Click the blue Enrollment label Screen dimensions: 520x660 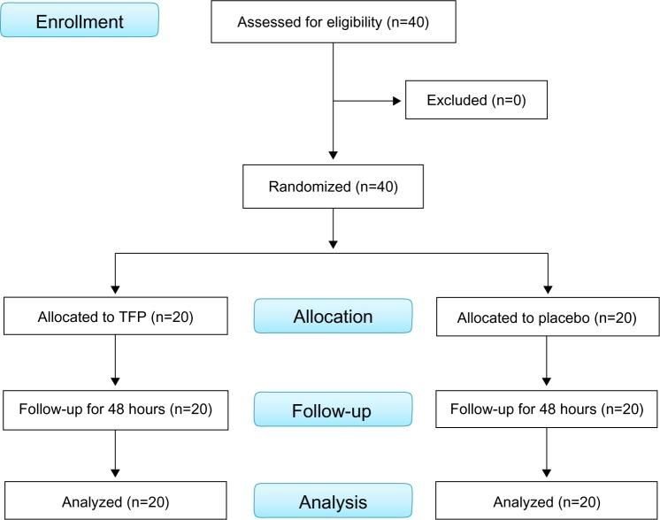80,20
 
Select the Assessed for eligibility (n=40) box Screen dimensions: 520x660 333,21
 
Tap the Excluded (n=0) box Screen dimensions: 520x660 476,100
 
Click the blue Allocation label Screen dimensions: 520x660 333,316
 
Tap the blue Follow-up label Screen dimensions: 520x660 333,409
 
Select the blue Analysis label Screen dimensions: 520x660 333,501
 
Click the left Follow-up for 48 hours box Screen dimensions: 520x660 115,409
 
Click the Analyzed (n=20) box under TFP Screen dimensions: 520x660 115,501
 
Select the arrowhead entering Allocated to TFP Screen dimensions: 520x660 115,289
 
